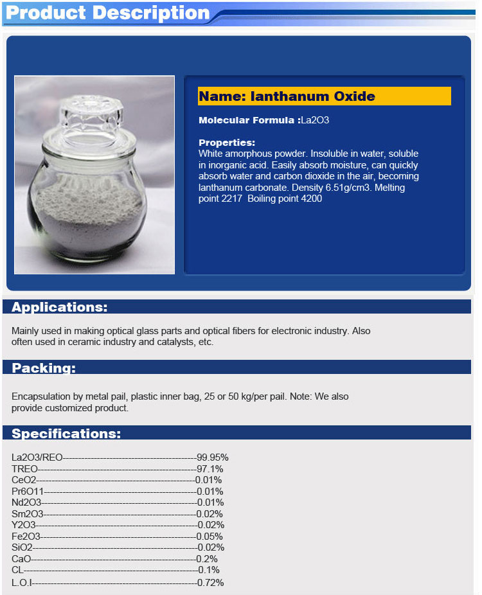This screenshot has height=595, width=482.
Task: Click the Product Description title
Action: [107, 13]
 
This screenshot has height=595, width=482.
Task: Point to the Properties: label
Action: [227, 143]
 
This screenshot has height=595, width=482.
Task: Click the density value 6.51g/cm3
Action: [344, 188]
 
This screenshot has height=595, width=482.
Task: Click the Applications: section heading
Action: [60, 307]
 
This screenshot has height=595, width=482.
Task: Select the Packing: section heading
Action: [44, 368]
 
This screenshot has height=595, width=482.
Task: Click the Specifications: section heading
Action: [66, 434]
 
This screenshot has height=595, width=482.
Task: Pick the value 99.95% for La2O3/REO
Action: [213, 457]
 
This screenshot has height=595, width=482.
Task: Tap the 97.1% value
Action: [210, 469]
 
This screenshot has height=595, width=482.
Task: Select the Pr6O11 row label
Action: [28, 492]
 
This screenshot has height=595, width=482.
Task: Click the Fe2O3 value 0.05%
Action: [210, 537]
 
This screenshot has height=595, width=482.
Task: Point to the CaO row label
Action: [21, 559]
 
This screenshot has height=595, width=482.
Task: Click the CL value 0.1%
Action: [209, 570]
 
